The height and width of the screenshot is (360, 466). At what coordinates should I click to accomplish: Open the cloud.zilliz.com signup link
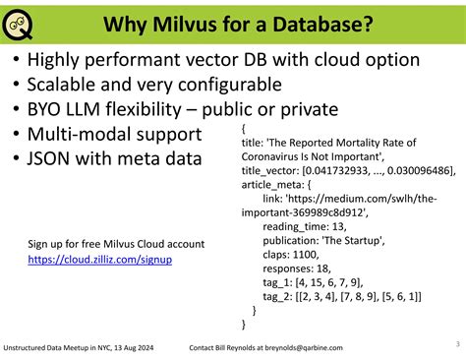100,260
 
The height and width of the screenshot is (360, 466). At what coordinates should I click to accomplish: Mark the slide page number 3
457,343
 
